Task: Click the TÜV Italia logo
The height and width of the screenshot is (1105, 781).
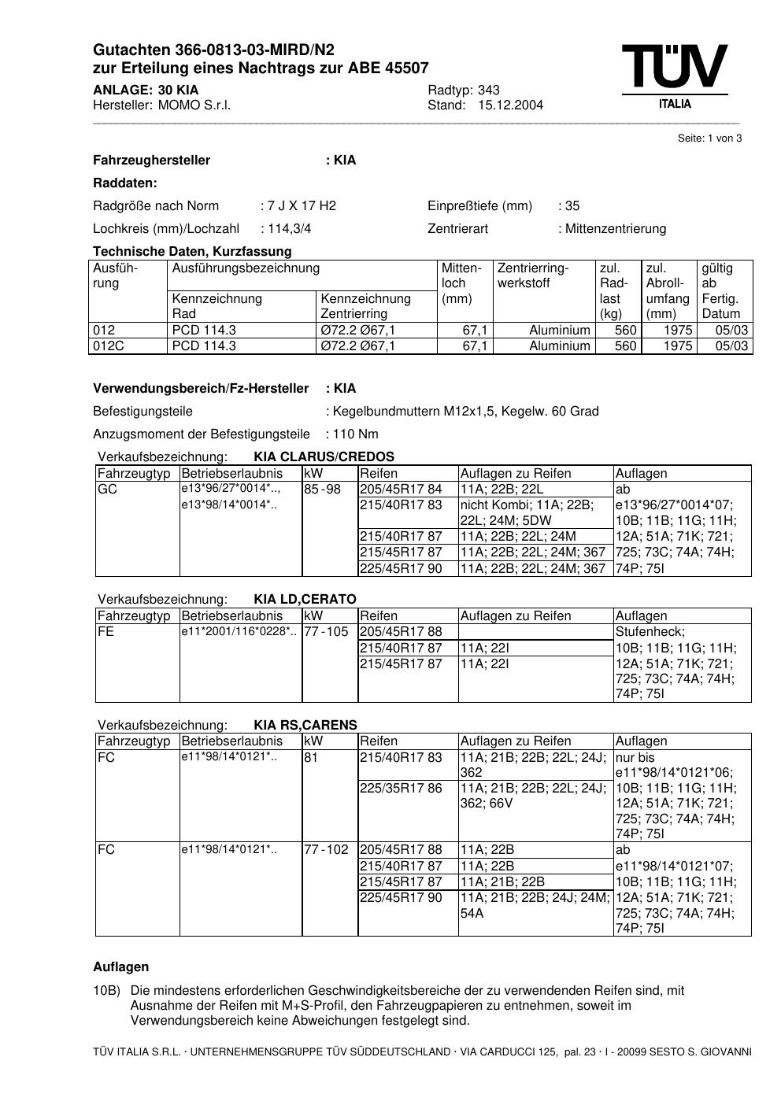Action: pos(674,76)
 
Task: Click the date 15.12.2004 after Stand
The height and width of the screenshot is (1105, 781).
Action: pos(510,105)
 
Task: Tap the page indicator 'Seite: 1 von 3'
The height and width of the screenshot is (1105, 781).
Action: pos(709,139)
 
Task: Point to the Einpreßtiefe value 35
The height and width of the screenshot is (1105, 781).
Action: pos(572,206)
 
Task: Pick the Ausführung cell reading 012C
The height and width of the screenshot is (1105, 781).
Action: pos(109,346)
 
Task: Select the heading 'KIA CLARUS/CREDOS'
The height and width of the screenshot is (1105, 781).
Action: pos(324,456)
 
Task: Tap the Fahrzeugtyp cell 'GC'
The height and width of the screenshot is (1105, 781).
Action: pos(106,489)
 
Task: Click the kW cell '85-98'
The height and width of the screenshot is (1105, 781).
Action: pos(322,489)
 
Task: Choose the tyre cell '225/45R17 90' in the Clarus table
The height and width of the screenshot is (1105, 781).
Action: pos(402,568)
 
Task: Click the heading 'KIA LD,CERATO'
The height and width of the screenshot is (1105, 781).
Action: pos(305,599)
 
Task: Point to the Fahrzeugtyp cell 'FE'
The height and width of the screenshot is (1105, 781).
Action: pos(105,631)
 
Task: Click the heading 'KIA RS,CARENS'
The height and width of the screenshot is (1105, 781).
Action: pos(305,725)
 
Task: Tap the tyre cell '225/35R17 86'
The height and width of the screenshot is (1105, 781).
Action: pos(402,788)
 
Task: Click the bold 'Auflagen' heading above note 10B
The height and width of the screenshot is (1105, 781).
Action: pos(120,966)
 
